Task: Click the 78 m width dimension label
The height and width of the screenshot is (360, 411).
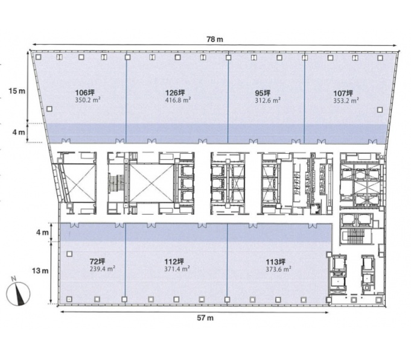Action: [x=215, y=39]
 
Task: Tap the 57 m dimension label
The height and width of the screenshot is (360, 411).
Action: [x=205, y=318]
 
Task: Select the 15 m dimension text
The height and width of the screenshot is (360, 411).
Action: [x=17, y=91]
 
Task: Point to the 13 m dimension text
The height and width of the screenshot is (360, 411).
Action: [x=40, y=271]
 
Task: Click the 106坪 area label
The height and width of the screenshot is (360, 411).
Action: [x=85, y=93]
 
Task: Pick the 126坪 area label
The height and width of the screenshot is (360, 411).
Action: [x=175, y=93]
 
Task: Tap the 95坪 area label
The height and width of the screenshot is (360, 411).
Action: [x=263, y=93]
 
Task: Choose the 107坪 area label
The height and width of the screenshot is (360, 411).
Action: [x=343, y=93]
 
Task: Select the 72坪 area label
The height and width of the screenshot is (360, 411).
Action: [x=97, y=261]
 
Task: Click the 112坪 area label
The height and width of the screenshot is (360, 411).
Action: [x=174, y=262]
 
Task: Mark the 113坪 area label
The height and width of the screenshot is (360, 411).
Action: [x=276, y=262]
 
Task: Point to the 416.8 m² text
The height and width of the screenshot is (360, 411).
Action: [x=177, y=100]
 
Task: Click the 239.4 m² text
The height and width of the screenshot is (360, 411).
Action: [x=103, y=268]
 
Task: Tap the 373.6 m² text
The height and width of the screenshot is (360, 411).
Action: [x=278, y=269]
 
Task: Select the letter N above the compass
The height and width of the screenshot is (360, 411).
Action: [x=14, y=279]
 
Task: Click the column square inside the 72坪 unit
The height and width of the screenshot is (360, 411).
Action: [x=69, y=254]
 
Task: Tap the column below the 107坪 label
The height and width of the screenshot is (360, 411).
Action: [x=380, y=110]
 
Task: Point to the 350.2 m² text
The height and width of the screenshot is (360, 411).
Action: [x=88, y=99]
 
